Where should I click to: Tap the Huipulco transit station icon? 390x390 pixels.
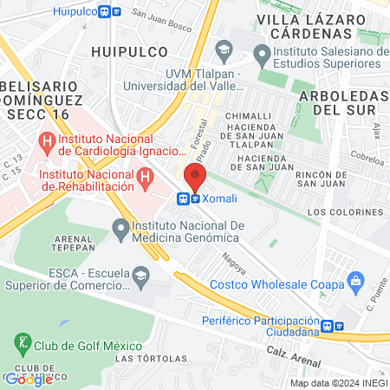(110, 12)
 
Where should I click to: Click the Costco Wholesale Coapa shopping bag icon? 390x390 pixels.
(354, 280)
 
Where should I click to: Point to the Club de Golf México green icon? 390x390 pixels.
(23, 344)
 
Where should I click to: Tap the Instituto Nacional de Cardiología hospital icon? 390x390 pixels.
(45, 140)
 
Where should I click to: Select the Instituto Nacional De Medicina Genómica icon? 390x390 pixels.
(120, 230)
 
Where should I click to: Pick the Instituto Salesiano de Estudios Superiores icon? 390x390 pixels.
(263, 56)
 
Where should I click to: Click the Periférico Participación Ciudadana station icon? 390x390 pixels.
(327, 327)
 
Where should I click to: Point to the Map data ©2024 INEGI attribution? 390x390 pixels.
(337, 383)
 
